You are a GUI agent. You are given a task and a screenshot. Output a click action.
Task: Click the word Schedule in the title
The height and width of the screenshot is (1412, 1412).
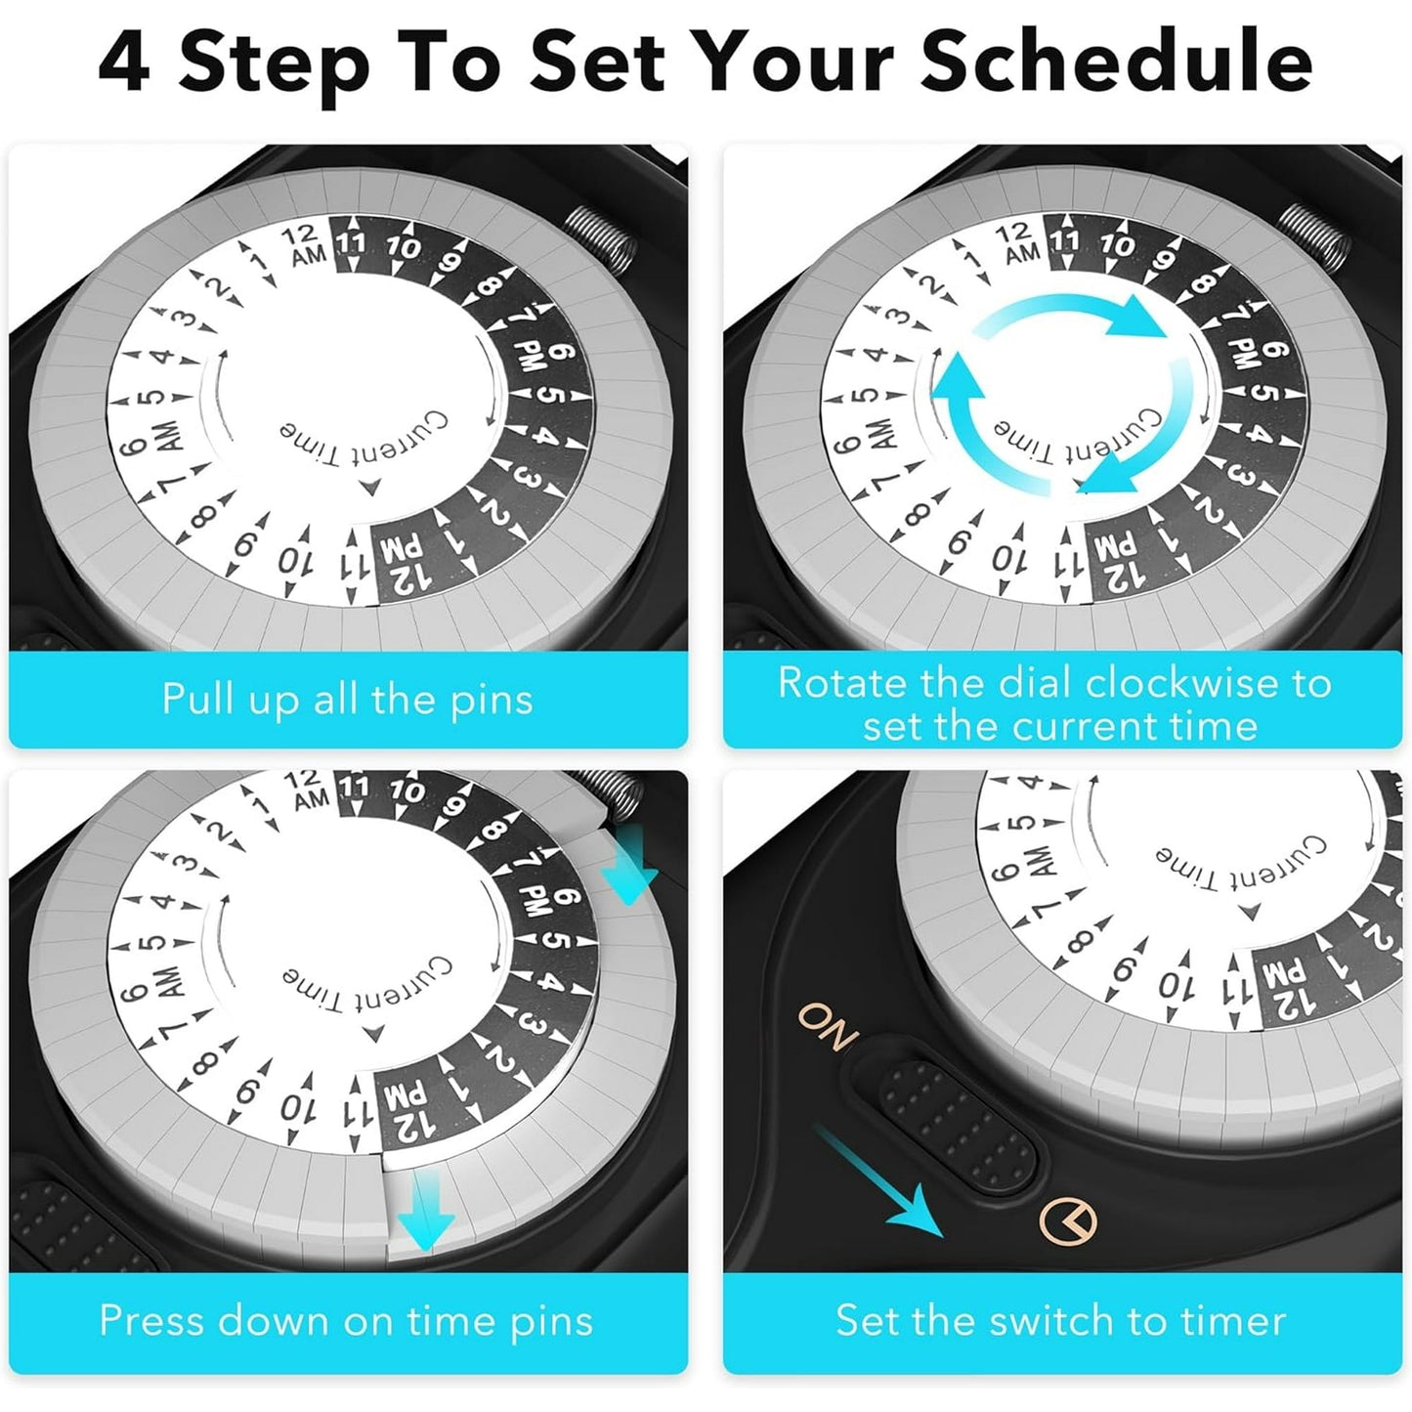point(1116,62)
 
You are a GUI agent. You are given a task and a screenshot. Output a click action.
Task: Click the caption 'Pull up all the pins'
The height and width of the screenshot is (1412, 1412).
point(347,699)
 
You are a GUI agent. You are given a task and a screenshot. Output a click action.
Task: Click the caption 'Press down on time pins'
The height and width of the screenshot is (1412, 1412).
point(346,1320)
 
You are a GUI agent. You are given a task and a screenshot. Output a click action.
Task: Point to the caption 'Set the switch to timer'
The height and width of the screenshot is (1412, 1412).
point(1060,1320)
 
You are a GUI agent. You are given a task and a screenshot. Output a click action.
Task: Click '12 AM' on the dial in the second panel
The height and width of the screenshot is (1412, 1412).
point(1018,244)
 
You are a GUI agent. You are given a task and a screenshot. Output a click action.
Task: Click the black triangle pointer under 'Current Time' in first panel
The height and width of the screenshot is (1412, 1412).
point(371,487)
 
